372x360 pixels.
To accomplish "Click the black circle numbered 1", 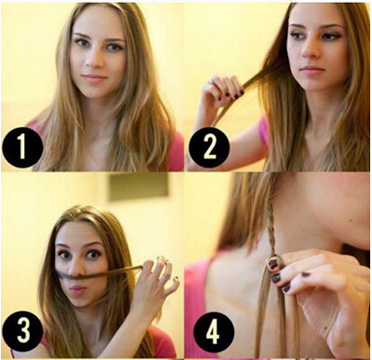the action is (22, 147).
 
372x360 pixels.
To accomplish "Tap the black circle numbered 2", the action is (210, 147).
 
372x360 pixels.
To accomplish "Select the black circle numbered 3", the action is (22, 330).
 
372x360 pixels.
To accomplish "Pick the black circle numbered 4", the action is (214, 330).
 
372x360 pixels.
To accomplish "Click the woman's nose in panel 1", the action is (91, 60).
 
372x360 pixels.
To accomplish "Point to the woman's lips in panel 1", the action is (93, 77).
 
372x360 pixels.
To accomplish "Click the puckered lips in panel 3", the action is (78, 291).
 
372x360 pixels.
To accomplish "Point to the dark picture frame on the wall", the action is (139, 186).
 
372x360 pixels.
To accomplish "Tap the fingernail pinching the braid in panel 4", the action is (273, 264).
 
